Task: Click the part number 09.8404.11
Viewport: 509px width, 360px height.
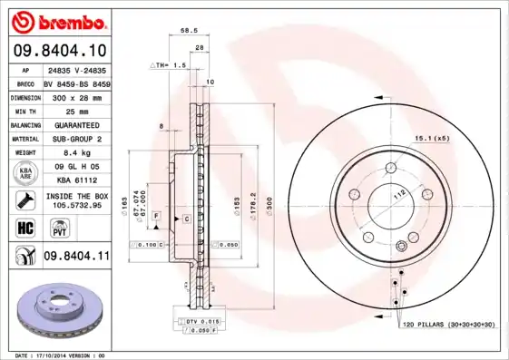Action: [76, 258]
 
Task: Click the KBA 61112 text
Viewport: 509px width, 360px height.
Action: [75, 180]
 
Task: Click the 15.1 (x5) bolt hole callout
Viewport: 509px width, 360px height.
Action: [433, 138]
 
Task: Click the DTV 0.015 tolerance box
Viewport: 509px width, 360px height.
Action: [200, 322]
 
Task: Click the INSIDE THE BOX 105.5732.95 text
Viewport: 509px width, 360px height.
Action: [75, 200]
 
